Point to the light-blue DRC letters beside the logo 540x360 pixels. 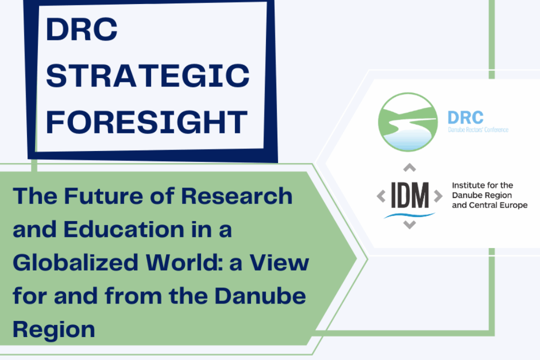click(x=465, y=117)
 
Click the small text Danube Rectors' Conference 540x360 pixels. click(x=478, y=130)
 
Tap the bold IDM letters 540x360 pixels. click(x=409, y=196)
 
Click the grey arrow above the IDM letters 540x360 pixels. click(x=409, y=167)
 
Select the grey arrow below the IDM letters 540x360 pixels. click(x=409, y=224)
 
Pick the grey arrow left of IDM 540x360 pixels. click(x=381, y=196)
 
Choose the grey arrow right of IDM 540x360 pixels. click(x=438, y=196)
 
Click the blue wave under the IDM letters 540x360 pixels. click(x=409, y=214)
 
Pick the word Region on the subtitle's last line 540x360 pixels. click(x=54, y=329)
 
